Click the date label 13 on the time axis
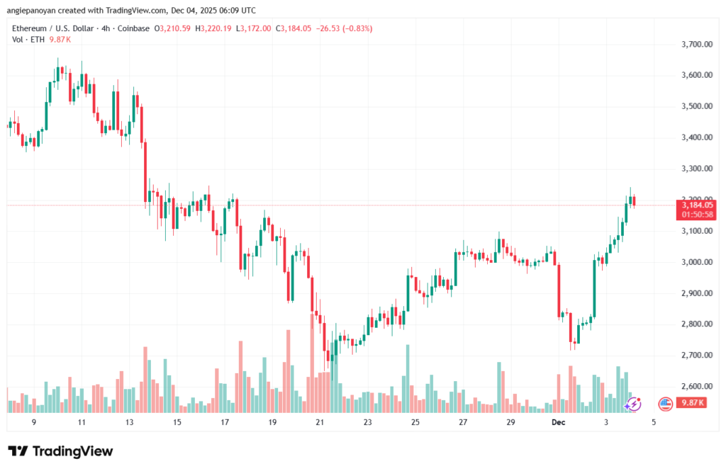129,422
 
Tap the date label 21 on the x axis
320,422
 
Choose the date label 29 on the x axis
510,422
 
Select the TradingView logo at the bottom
60,452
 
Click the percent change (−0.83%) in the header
352,28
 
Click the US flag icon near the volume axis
665,404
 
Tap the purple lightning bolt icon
633,404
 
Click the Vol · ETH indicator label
27,40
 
